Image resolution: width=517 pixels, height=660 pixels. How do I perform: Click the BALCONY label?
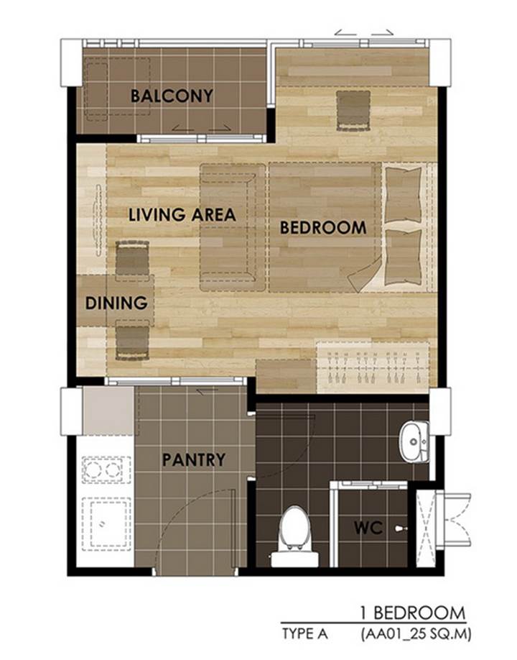(172, 96)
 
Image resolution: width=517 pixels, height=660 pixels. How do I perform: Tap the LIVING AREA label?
(182, 215)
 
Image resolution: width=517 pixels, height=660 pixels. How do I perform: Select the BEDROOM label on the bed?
(323, 228)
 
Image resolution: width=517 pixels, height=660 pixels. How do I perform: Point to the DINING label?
(116, 303)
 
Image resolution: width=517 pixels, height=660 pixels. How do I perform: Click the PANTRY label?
(194, 459)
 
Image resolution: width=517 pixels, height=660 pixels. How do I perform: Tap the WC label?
(368, 528)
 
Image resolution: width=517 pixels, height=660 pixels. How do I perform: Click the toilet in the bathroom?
(294, 536)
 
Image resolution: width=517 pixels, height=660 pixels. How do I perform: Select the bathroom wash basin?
(414, 441)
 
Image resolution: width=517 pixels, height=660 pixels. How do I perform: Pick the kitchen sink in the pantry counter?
(106, 524)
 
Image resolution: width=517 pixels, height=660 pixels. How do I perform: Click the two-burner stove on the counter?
(106, 469)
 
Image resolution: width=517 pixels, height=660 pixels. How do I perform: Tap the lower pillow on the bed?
(403, 257)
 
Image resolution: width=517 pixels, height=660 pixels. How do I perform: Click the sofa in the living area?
(233, 227)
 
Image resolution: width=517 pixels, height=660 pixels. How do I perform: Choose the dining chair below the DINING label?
(132, 340)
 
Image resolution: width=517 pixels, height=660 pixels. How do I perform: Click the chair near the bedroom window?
(353, 110)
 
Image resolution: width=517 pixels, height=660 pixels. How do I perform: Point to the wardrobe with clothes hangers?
(373, 367)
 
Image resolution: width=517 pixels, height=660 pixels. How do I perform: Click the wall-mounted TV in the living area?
(98, 220)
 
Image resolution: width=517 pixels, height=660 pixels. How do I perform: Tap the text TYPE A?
(304, 633)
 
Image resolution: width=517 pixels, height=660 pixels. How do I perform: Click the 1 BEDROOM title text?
(413, 613)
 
